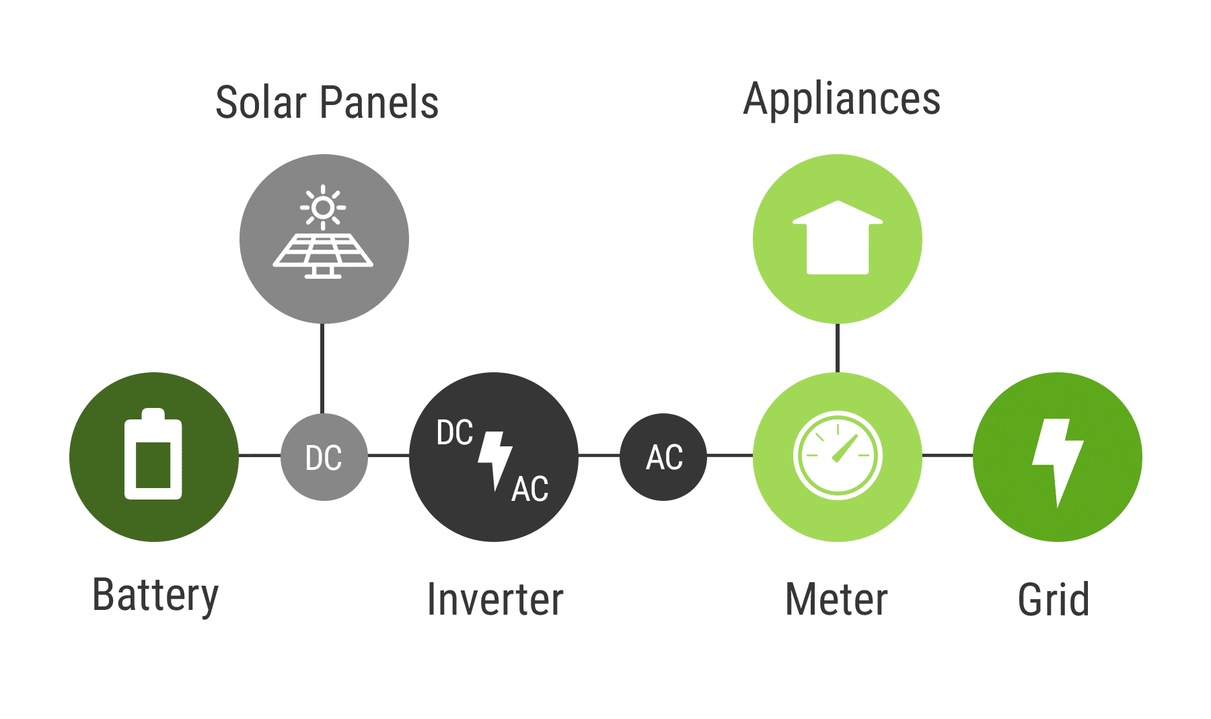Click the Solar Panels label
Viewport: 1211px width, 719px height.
click(x=327, y=103)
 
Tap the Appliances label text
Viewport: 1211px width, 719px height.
click(x=842, y=100)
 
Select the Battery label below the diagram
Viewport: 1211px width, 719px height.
click(x=155, y=596)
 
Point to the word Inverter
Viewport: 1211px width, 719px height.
click(x=495, y=599)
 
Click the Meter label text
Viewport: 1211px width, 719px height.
click(x=836, y=599)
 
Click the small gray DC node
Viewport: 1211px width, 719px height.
click(x=324, y=457)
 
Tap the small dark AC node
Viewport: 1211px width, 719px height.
click(x=663, y=457)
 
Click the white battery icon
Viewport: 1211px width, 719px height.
click(x=153, y=454)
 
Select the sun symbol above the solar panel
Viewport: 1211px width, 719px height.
click(x=323, y=207)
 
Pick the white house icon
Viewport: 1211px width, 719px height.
click(x=838, y=237)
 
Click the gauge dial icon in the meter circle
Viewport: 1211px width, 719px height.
click(x=838, y=456)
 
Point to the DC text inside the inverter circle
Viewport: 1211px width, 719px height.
click(x=455, y=432)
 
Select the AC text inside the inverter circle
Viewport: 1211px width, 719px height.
click(x=530, y=489)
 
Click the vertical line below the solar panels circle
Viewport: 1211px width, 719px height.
click(x=323, y=368)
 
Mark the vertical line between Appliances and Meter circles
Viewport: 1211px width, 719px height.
click(x=838, y=348)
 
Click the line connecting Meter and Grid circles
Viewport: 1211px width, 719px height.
click(x=947, y=456)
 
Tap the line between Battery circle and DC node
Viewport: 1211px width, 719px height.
click(x=260, y=456)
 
